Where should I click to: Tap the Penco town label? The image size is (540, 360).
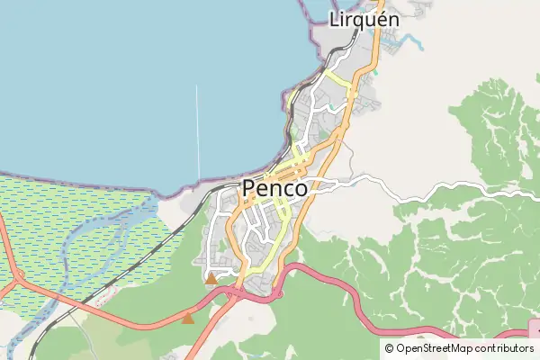pyautogui.click(x=274, y=189)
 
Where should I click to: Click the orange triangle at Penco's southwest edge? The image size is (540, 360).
pyautogui.click(x=211, y=278)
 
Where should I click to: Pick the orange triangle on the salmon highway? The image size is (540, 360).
pyautogui.click(x=187, y=318)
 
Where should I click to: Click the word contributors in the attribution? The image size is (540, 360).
pyautogui.click(x=505, y=348)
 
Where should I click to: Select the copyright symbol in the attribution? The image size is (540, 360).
pyautogui.click(x=389, y=348)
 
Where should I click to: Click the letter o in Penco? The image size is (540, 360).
pyautogui.click(x=299, y=190)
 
